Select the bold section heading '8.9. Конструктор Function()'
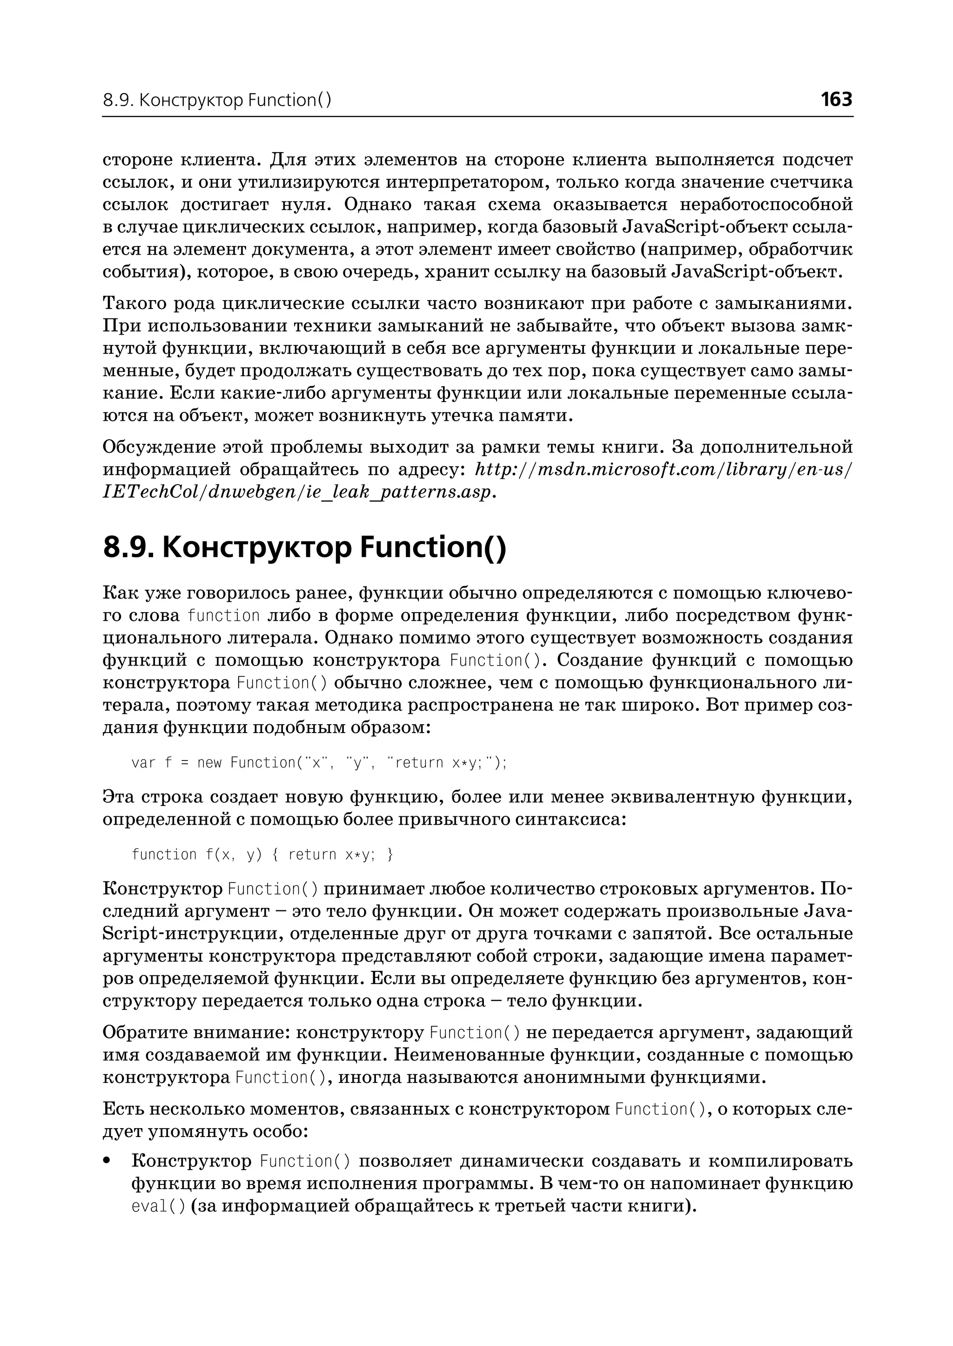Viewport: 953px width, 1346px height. [x=304, y=547]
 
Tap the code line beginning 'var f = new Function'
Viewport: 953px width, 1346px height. [x=319, y=762]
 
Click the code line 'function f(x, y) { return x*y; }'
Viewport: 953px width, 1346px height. [x=262, y=854]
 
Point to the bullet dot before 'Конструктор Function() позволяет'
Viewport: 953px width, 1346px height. [x=107, y=1161]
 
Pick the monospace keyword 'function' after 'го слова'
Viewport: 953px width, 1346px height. [x=223, y=616]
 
